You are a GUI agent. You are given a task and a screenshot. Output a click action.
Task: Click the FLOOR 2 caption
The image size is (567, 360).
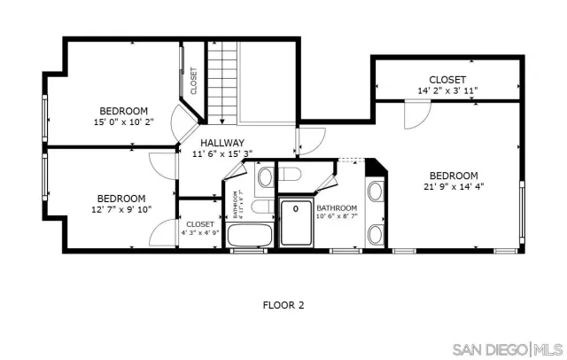[x=283, y=305]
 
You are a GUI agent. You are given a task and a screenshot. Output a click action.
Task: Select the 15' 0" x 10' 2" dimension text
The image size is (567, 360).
[x=124, y=122]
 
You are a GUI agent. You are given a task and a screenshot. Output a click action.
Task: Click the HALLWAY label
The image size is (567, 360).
[x=221, y=142]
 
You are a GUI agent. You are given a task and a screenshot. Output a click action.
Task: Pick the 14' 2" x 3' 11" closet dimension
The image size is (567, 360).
[x=447, y=91]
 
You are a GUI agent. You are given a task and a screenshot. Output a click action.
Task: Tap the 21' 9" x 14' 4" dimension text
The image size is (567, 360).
[x=454, y=187]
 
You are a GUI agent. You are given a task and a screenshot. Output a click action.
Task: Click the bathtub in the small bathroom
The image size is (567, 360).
[x=250, y=235]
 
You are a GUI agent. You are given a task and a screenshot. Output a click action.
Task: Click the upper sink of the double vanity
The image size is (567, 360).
[x=376, y=192]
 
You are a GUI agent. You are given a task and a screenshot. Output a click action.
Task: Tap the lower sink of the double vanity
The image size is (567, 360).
[x=376, y=233]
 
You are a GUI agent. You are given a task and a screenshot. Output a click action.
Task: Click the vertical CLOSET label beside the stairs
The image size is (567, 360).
[x=193, y=81]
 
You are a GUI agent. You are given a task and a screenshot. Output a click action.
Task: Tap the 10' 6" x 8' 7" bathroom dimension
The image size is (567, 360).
[x=338, y=215]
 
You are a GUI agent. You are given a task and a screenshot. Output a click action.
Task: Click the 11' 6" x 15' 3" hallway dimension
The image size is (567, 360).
[x=221, y=153]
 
